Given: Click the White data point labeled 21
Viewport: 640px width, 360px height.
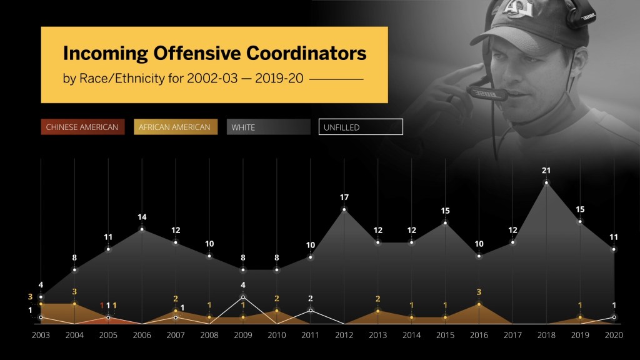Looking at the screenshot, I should [547, 182].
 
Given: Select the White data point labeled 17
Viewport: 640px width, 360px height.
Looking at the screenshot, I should [344, 209].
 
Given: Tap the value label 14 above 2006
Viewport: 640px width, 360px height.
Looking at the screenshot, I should [142, 217].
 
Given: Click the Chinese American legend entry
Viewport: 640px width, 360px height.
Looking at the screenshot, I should [82, 127].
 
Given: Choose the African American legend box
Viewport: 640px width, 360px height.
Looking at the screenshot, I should [176, 127].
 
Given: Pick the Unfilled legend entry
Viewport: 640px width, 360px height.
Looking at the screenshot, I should [361, 127].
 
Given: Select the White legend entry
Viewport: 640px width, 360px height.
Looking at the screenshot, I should [268, 127].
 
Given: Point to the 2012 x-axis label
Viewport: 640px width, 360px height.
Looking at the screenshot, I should [344, 334].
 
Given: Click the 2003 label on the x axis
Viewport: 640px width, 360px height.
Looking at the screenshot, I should [41, 334].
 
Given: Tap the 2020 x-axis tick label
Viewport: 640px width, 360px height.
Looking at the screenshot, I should [614, 334].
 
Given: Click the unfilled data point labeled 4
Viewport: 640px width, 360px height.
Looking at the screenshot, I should [243, 297].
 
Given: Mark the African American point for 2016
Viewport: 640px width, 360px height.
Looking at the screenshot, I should [479, 304].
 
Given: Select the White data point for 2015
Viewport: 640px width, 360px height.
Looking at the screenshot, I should [446, 222].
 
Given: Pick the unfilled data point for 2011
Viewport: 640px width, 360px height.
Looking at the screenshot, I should [311, 310].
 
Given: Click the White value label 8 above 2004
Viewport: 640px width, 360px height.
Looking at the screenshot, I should [74, 257].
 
